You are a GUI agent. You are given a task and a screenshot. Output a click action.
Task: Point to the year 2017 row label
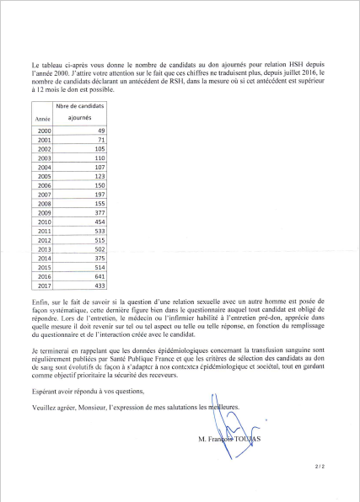[x=44, y=285]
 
